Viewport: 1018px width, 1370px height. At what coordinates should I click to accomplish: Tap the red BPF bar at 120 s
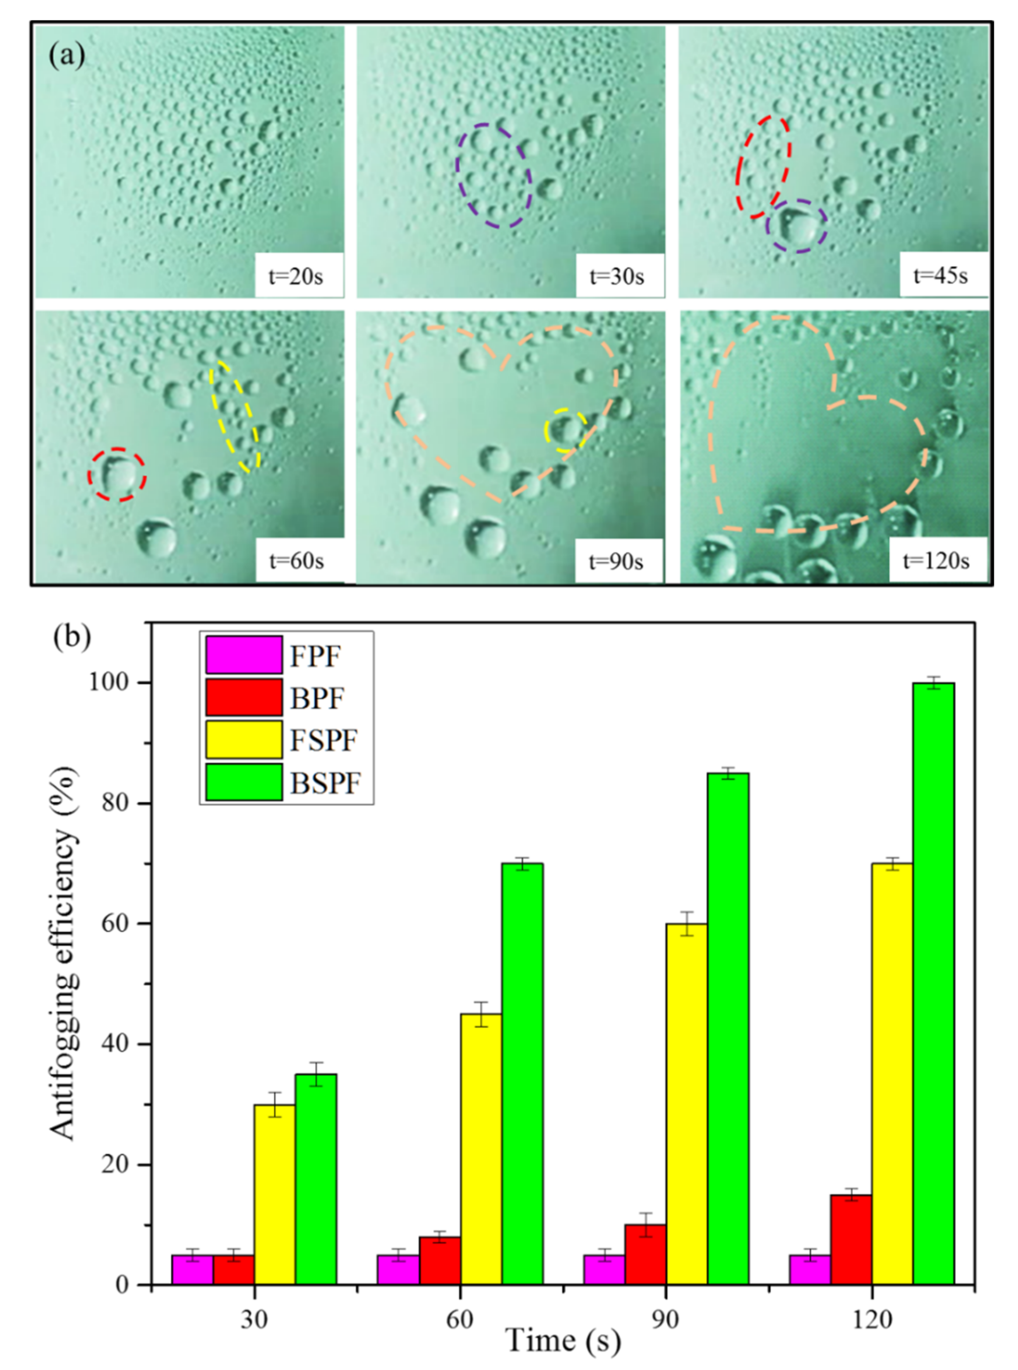(851, 1239)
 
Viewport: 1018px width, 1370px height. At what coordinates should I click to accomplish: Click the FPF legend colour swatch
(244, 654)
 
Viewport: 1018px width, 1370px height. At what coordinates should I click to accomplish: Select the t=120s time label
(936, 561)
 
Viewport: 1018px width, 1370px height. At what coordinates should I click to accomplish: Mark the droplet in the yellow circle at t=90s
(566, 429)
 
